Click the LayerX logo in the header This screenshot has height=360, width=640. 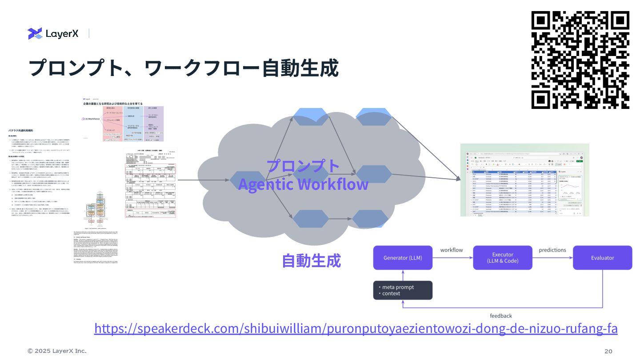[x=53, y=33]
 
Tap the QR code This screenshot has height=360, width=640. [x=580, y=60]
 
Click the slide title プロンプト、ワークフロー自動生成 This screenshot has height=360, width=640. [x=183, y=68]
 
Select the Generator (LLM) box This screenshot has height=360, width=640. [x=403, y=258]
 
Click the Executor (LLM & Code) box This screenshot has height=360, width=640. [x=502, y=258]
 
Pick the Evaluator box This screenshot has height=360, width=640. [x=602, y=258]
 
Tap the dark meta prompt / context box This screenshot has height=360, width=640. [x=403, y=290]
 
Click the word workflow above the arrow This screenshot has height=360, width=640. [x=452, y=250]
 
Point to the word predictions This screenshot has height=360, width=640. [x=552, y=250]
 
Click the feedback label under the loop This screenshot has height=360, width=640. [x=501, y=316]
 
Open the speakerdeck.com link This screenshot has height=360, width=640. [x=356, y=329]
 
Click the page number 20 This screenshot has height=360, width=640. [x=608, y=351]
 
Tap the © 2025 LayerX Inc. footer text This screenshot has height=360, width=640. [x=57, y=351]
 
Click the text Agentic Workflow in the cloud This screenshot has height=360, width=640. [x=303, y=184]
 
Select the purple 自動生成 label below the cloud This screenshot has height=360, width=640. [x=311, y=260]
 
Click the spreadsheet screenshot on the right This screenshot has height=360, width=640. [x=524, y=180]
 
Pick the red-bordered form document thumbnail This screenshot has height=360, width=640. [x=150, y=183]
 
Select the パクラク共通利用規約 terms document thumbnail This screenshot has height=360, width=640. [x=44, y=178]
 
